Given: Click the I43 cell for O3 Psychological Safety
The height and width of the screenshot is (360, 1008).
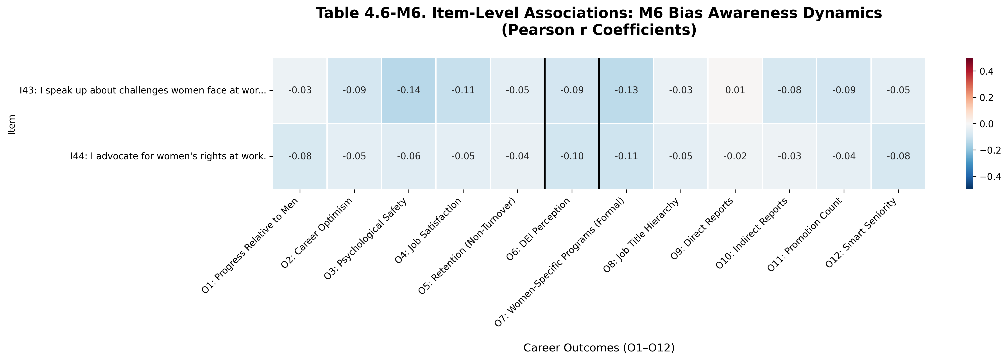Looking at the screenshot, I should [408, 90].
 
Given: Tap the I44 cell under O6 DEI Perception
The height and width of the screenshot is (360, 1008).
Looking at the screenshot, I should [572, 156].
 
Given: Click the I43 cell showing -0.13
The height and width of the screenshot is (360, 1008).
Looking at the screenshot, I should [626, 90].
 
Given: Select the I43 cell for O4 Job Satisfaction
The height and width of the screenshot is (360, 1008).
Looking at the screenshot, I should [463, 90].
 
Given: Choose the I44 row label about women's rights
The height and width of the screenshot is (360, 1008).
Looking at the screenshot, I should [168, 156].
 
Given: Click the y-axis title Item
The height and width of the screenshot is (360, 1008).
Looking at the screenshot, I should [12, 124].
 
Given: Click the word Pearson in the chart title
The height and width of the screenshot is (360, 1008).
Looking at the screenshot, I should [544, 30].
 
